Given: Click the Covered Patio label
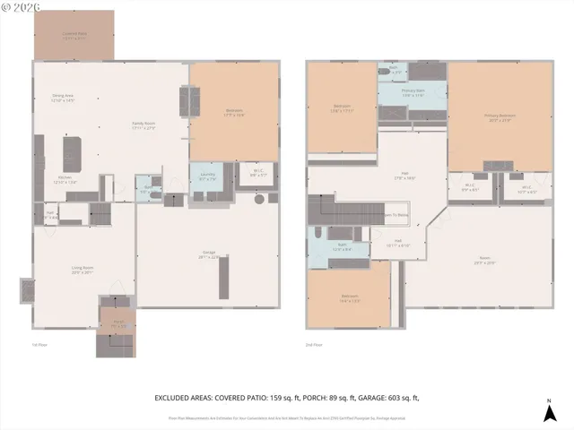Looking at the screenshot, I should [x=74, y=35].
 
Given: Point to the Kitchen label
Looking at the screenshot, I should [x=65, y=179].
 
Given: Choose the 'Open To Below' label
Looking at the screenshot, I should [x=396, y=216].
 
